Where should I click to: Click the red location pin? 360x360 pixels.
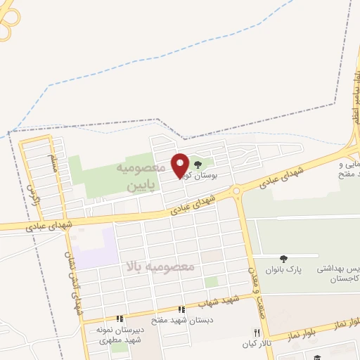pos(181,165)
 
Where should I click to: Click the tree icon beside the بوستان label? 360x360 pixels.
pos(197,165)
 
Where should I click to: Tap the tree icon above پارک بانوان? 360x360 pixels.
pos(283,259)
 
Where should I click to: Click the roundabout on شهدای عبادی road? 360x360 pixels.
pos(236,190)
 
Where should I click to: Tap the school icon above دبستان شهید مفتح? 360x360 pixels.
pos(182,309)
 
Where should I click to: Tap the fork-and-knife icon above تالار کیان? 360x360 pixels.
pos(257,333)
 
